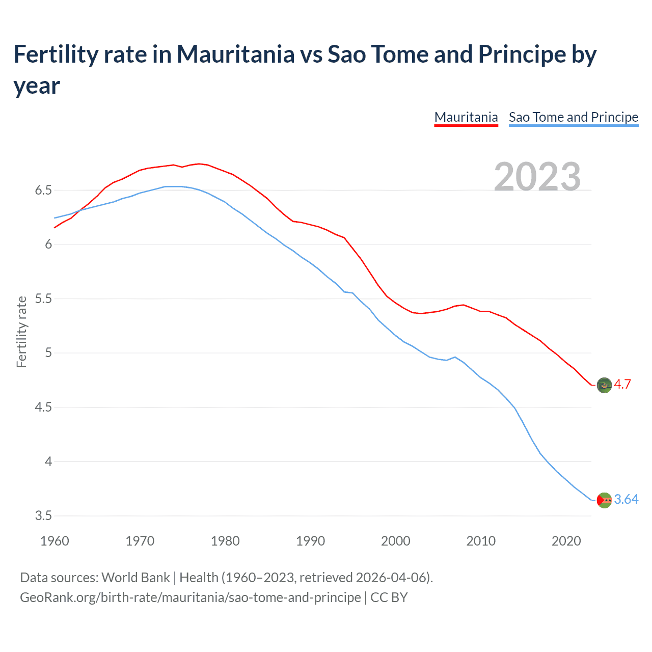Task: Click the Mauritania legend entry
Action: coord(466,117)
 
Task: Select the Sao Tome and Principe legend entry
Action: coord(573,117)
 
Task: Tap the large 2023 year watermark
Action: coord(537,177)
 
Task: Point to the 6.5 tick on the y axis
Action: coord(43,191)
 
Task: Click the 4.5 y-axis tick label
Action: coord(43,407)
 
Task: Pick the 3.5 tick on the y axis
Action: coord(43,516)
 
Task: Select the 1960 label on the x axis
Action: coord(55,541)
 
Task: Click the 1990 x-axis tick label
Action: coord(310,541)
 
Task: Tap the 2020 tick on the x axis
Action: coord(566,541)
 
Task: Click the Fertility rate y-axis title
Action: coord(21,332)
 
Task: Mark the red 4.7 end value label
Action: coord(622,385)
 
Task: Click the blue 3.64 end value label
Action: coord(626,500)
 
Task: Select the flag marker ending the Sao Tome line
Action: coord(604,500)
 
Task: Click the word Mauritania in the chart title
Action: coord(235,55)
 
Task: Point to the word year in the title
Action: coord(37,86)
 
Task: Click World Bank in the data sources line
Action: coord(135,578)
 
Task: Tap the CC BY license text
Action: coord(389,597)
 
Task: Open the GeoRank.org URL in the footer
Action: coord(190,597)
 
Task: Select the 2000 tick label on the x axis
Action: coord(395,541)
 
